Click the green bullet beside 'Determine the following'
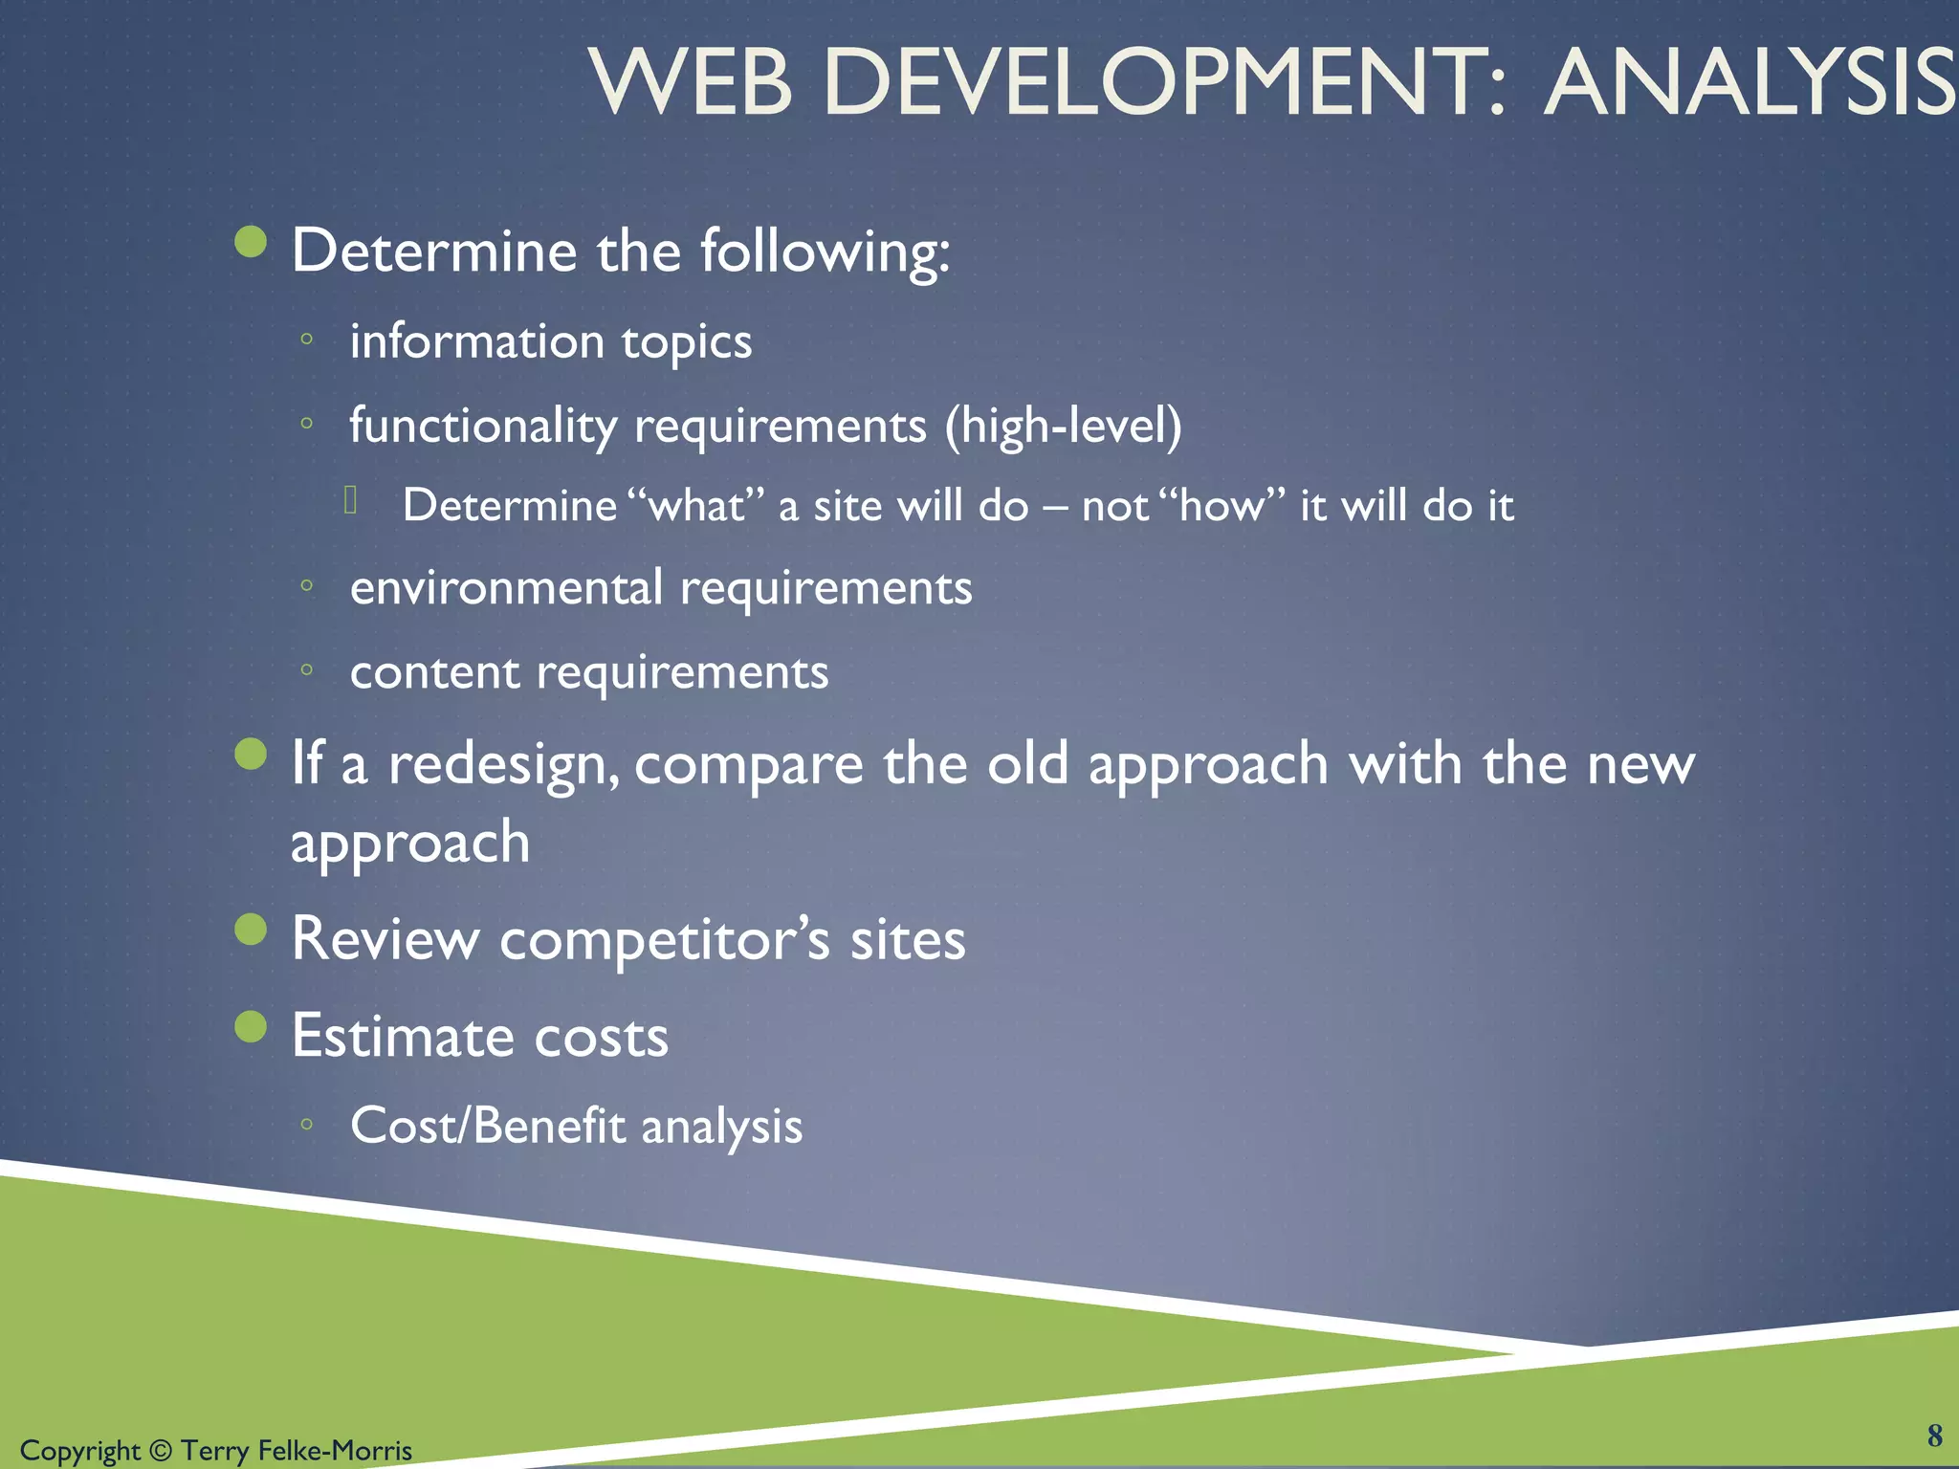click(251, 242)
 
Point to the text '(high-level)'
click(1063, 426)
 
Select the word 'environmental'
click(506, 587)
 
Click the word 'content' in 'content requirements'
click(434, 672)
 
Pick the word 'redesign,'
click(503, 765)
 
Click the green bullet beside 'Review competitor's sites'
click(251, 929)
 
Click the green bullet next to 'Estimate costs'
click(251, 1026)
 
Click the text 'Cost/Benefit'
click(487, 1126)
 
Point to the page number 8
click(1934, 1436)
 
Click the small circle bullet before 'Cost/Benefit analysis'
click(306, 1125)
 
